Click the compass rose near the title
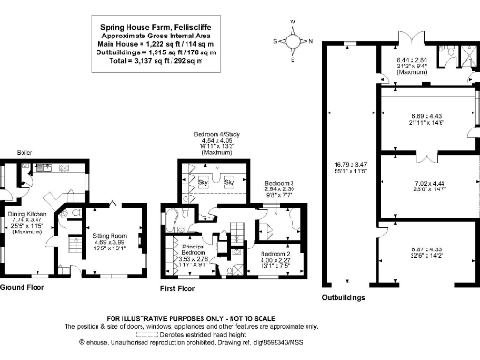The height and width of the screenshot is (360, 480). [294, 41]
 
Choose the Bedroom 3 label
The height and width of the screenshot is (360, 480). [279, 183]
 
